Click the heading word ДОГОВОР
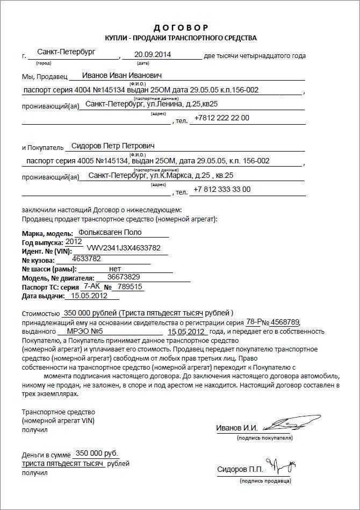click(181, 27)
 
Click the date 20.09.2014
click(153, 54)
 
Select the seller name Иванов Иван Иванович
click(122, 75)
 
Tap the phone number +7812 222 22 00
click(222, 117)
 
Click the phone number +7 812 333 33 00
click(222, 189)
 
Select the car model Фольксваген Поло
click(110, 233)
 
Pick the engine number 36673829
click(124, 277)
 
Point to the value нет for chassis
click(115, 268)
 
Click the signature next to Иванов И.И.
click(285, 423)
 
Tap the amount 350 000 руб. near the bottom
click(97, 452)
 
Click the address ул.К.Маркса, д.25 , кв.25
click(191, 175)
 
